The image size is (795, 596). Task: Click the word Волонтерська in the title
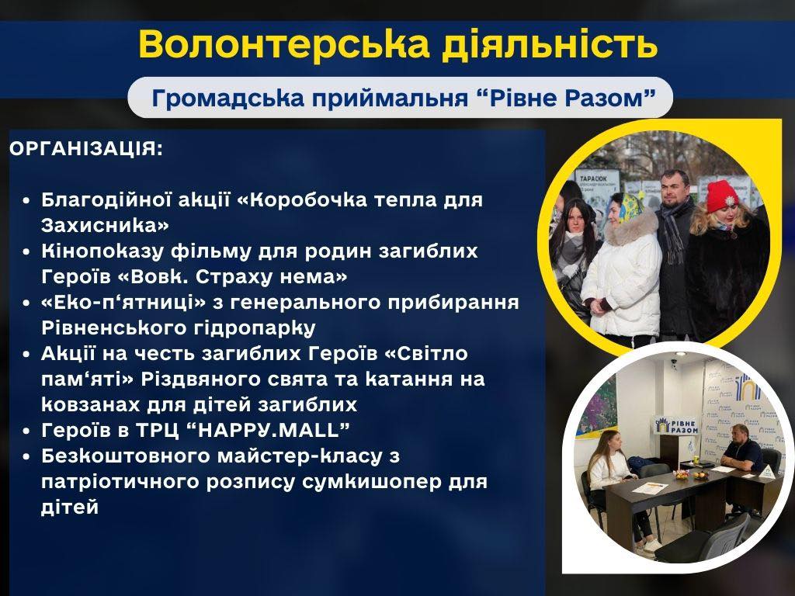pyautogui.click(x=283, y=43)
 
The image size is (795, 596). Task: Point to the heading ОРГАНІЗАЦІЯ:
pyautogui.click(x=86, y=149)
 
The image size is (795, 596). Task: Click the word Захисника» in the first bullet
pyautogui.click(x=105, y=225)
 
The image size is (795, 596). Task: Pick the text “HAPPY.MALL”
pyautogui.click(x=268, y=430)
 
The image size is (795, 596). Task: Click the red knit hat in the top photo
pyautogui.click(x=723, y=196)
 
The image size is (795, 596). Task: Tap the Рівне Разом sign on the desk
pyautogui.click(x=677, y=425)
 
